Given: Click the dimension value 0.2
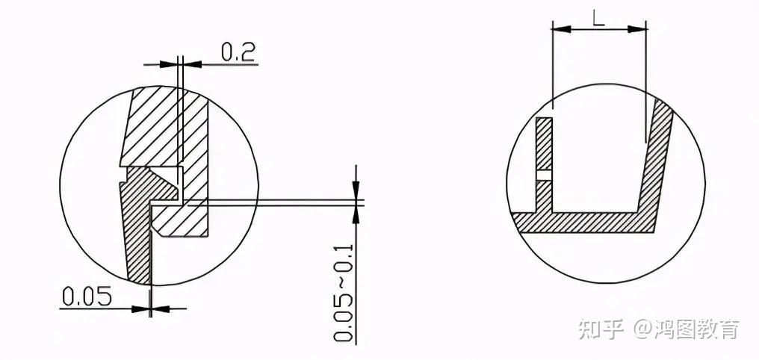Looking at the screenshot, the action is tap(238, 52).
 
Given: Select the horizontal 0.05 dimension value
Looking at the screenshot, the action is tap(87, 296).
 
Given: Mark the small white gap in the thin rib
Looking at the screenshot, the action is tap(545, 176).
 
